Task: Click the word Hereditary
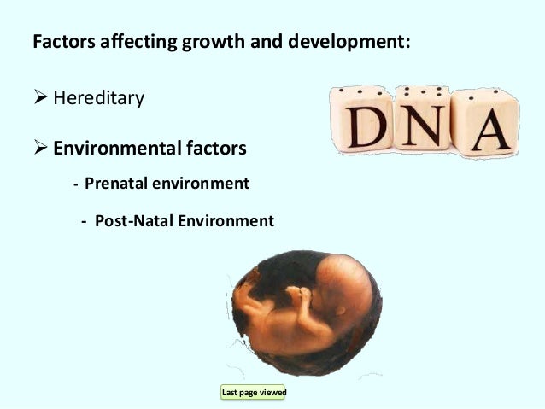click(98, 98)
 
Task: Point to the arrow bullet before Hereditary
click(40, 98)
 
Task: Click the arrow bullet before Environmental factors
click(40, 149)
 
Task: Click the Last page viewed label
click(254, 393)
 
